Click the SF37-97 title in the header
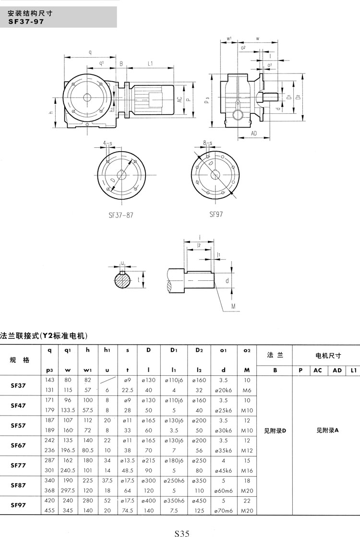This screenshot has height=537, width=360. pyautogui.click(x=26, y=21)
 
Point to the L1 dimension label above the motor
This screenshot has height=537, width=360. pyautogui.click(x=150, y=63)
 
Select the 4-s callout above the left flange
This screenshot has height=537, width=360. pyautogui.click(x=108, y=143)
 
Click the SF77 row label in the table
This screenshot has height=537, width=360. pyautogui.click(x=19, y=465)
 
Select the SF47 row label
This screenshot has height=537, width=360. pyautogui.click(x=19, y=406)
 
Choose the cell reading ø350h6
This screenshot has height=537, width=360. pyautogui.click(x=174, y=500)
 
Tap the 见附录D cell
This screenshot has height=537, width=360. pyautogui.click(x=275, y=430)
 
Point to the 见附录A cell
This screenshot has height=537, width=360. pyautogui.click(x=328, y=430)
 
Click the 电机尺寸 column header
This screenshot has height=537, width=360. pyautogui.click(x=328, y=356)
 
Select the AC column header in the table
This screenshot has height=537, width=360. pyautogui.click(x=318, y=370)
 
